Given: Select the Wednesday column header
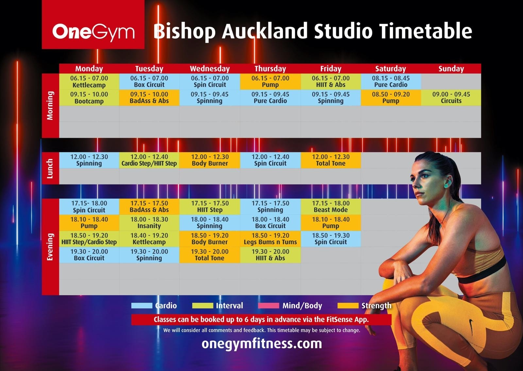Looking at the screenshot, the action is (x=210, y=69).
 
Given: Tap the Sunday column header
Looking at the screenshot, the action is (x=451, y=69).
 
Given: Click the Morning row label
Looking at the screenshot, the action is (x=50, y=106).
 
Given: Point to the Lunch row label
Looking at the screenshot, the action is (x=50, y=168).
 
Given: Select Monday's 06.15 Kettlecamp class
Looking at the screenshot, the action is (x=89, y=81).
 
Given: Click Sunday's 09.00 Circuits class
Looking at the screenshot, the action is (x=451, y=97).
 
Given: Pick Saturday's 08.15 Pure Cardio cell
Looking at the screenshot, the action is (x=391, y=81).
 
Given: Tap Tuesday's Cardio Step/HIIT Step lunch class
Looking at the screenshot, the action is (x=149, y=160).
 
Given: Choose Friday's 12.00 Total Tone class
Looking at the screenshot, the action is (x=330, y=160).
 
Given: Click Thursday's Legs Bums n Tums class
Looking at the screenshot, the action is (x=270, y=239).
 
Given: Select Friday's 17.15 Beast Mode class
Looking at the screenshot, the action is (x=330, y=206).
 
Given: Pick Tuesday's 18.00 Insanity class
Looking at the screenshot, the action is (x=149, y=223).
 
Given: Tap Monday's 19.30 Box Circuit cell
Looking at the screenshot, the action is (x=89, y=255).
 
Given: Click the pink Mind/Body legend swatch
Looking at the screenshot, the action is (x=268, y=306).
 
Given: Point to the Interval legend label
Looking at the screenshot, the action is (x=229, y=306).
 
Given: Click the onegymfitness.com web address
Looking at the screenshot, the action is (x=261, y=344).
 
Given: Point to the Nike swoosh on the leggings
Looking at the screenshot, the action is (x=471, y=327).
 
